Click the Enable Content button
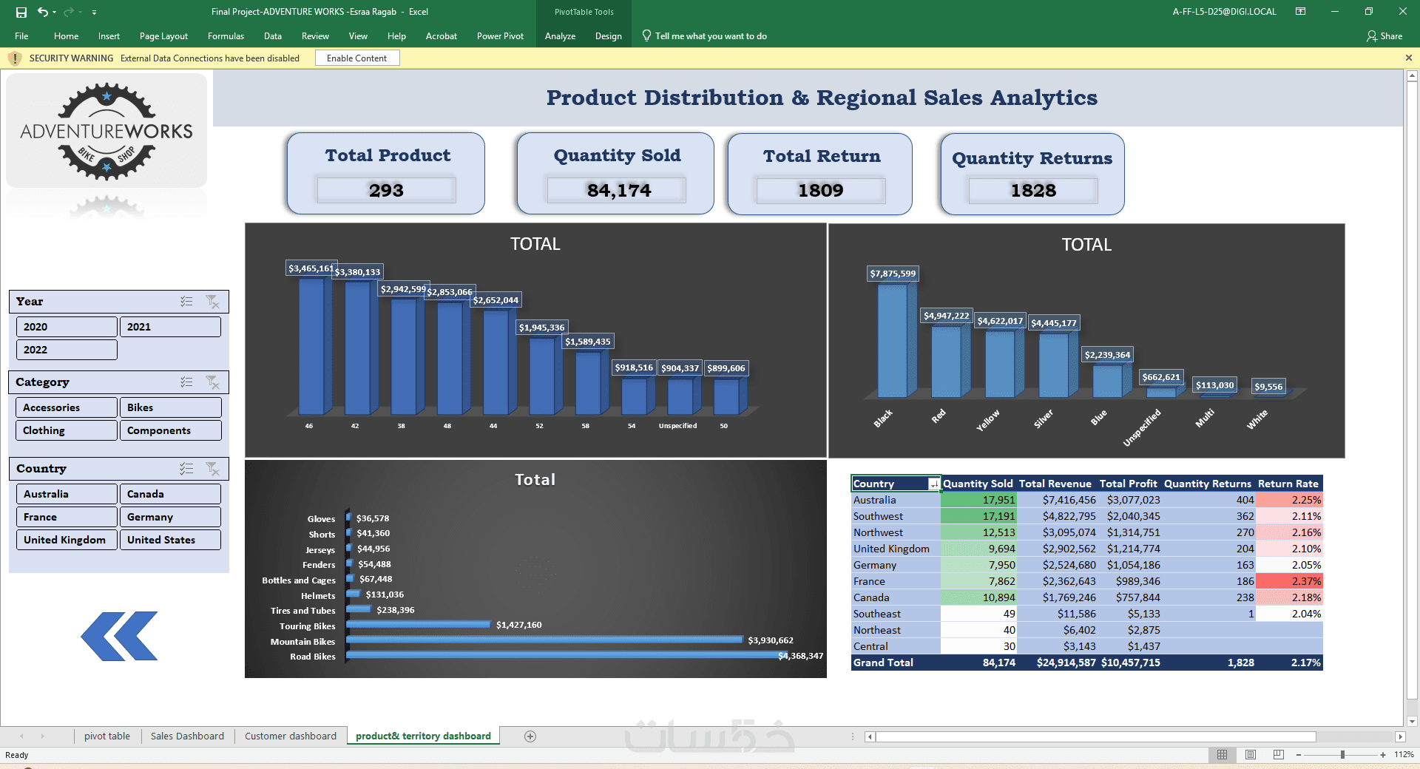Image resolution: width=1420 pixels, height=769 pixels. (357, 58)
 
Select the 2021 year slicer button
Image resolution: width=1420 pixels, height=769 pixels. (170, 327)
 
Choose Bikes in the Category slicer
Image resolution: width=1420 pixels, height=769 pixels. (170, 407)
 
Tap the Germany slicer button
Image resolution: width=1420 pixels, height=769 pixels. (170, 517)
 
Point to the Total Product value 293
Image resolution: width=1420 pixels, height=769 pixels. (386, 190)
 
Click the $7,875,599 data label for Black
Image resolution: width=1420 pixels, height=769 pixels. (893, 274)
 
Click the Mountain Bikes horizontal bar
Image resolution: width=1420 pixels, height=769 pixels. (544, 640)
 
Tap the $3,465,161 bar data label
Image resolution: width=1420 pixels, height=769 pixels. (311, 268)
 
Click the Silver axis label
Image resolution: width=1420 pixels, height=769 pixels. (1043, 419)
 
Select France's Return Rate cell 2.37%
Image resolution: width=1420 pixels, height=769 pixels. (1289, 581)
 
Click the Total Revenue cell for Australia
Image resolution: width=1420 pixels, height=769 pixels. (1057, 500)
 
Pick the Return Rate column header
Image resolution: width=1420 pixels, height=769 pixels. (1288, 484)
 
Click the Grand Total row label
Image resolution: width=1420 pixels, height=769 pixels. (883, 663)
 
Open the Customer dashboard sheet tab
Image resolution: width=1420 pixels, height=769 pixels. (291, 736)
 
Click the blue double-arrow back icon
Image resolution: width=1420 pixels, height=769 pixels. (119, 636)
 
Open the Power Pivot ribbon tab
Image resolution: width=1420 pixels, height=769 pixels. (500, 36)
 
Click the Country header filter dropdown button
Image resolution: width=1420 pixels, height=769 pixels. (934, 484)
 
